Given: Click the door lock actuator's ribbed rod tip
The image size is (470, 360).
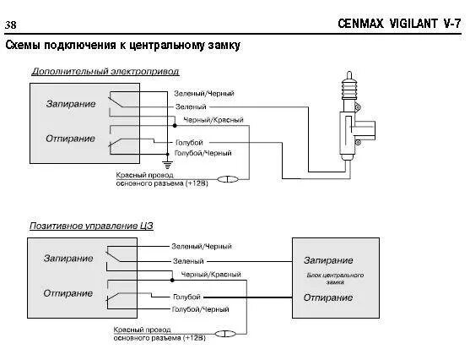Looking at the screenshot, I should coord(346,85).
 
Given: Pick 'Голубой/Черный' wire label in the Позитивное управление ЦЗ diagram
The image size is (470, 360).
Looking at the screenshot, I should coord(202,309).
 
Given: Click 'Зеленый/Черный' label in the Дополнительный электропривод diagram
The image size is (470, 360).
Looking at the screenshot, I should coord(203,92).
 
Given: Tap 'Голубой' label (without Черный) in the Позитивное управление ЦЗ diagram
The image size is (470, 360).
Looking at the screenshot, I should coord(186,297).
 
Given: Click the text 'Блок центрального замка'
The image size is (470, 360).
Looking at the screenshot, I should coord(333,279).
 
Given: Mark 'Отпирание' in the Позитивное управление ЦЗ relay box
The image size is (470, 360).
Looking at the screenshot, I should coord(68,292).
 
